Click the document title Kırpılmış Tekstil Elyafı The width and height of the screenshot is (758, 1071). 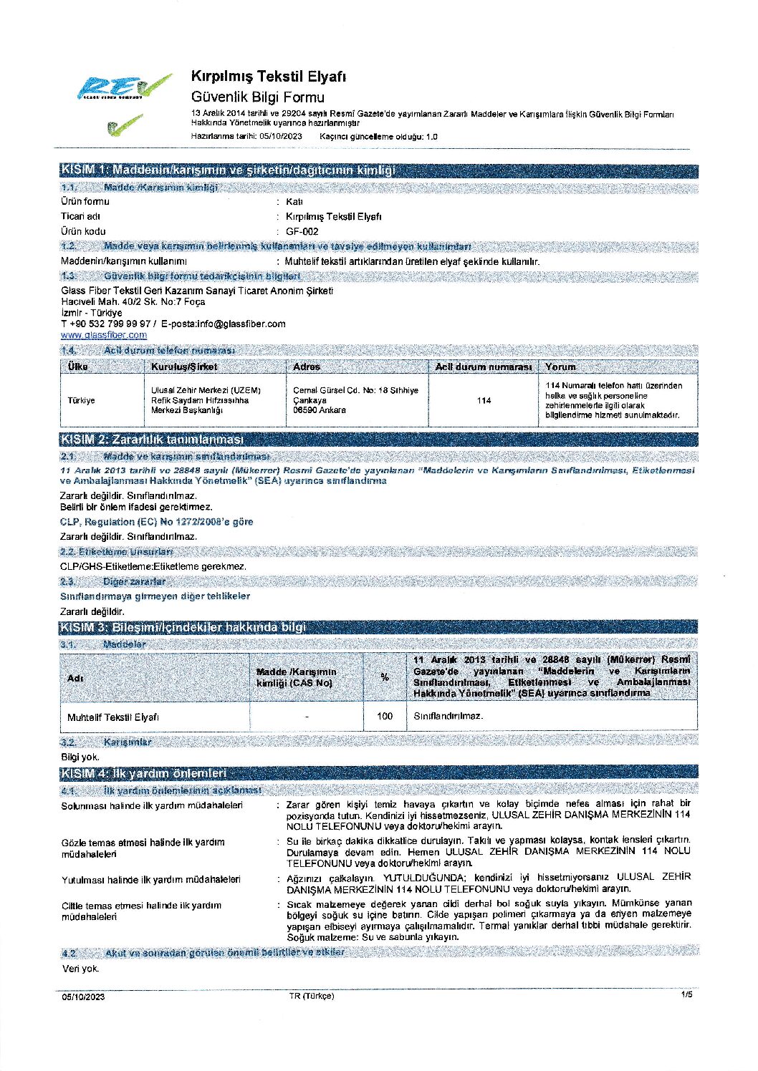click(269, 77)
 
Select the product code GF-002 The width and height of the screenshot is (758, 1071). click(302, 231)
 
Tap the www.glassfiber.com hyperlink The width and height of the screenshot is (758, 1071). click(104, 335)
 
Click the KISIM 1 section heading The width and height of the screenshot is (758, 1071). click(228, 170)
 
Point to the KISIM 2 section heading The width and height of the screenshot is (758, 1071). click(152, 440)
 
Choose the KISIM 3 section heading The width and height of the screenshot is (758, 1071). click(183, 627)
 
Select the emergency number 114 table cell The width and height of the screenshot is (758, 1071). click(484, 400)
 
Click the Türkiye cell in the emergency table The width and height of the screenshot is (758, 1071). click(81, 400)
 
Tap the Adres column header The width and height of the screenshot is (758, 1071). click(307, 367)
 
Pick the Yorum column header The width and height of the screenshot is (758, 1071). click(560, 367)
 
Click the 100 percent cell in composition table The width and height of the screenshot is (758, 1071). click(385, 716)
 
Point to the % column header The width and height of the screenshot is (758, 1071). click(385, 677)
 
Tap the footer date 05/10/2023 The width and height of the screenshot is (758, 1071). click(83, 997)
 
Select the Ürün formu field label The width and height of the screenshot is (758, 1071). click(85, 201)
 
